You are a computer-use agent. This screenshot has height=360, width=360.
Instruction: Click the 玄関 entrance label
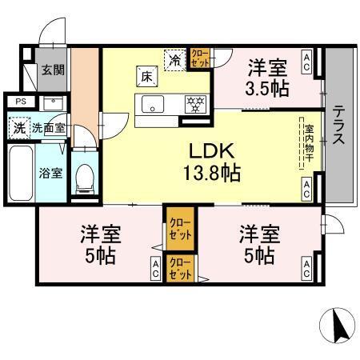54,70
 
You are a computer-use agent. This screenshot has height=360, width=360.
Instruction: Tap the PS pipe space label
19,102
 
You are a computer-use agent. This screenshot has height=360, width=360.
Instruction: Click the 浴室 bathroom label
51,173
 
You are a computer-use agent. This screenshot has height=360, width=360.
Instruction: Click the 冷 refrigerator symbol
174,58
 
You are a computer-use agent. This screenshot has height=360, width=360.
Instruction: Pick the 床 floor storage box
146,77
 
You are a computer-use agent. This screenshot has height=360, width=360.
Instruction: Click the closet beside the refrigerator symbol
198,58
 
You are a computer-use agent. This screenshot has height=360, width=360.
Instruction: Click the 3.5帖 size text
267,88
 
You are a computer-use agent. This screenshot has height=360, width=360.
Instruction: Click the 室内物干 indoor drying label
307,142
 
